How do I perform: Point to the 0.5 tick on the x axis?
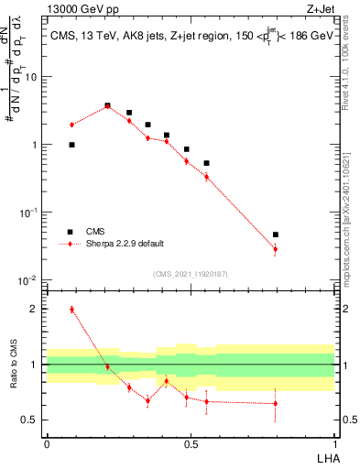(x=191, y=443)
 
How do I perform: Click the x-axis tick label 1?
(x=334, y=443)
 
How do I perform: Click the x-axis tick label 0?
(x=47, y=443)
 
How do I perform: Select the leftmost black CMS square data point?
(x=71, y=145)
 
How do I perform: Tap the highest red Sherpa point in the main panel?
(x=108, y=106)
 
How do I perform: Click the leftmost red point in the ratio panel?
(x=71, y=310)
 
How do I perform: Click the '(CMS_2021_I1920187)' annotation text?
(x=190, y=273)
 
